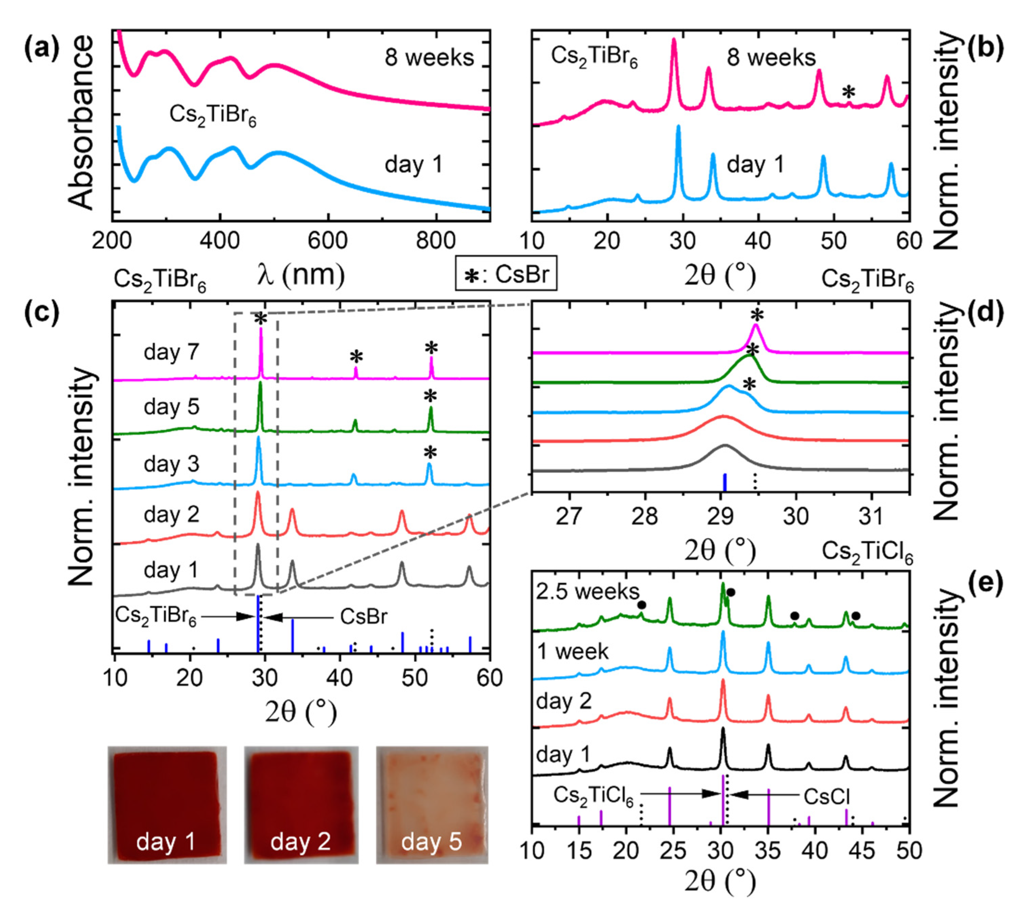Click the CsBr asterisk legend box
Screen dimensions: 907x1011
click(506, 273)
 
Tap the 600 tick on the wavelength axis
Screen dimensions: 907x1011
click(327, 241)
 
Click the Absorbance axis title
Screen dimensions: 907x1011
click(80, 122)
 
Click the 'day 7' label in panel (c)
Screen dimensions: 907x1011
click(171, 352)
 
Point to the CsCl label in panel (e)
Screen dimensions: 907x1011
click(826, 797)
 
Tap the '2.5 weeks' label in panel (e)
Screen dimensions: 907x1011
click(587, 591)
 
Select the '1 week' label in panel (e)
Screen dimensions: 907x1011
click(573, 652)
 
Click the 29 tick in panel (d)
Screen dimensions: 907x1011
click(720, 516)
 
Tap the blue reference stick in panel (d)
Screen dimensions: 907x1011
click(725, 482)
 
